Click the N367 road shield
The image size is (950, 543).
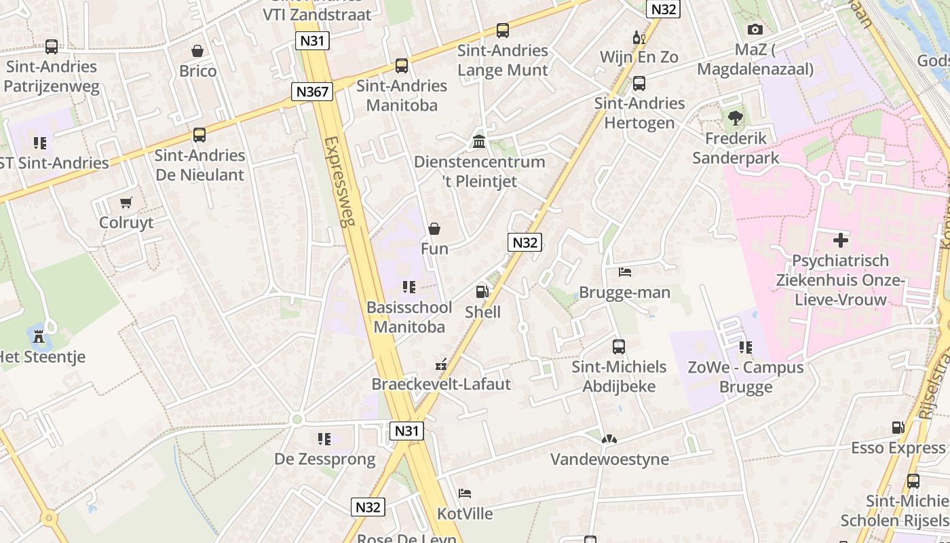click(311, 92)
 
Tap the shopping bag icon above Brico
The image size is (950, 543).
click(197, 51)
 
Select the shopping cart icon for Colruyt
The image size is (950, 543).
click(126, 202)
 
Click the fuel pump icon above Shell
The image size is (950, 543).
click(482, 292)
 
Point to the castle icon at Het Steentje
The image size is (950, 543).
click(39, 335)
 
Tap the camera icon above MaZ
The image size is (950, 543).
click(755, 29)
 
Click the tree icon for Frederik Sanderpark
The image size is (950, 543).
click(735, 118)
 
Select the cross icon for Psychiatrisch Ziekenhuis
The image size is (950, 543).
click(841, 240)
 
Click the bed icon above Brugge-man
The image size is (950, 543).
click(625, 272)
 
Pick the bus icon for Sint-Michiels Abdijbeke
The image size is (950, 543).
click(618, 347)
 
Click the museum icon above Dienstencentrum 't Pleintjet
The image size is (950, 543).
click(479, 142)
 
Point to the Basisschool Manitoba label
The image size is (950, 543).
click(409, 317)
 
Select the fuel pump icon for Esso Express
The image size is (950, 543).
click(898, 428)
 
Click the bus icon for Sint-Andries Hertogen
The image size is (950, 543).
click(639, 83)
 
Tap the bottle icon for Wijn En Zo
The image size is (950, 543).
click(638, 37)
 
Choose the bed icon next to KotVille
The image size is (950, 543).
click(464, 493)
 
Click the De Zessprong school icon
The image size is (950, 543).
click(324, 439)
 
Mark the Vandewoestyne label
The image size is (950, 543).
click(609, 460)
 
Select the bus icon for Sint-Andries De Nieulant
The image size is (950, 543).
click(199, 135)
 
